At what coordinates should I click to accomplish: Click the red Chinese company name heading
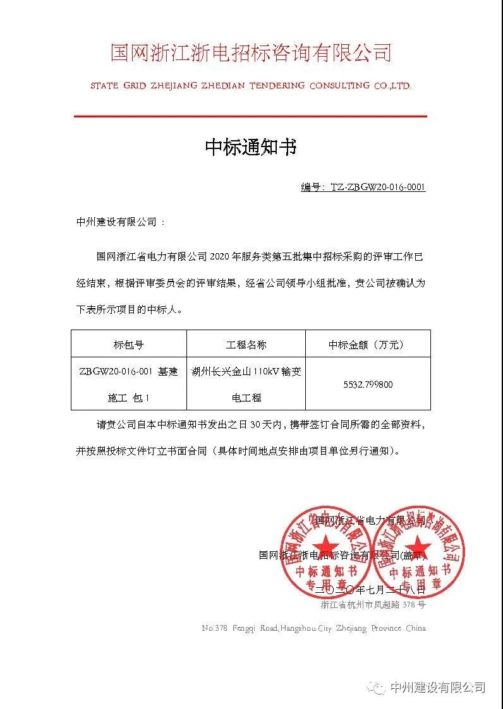tap(251, 52)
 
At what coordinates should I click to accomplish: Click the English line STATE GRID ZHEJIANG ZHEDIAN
tap(251, 85)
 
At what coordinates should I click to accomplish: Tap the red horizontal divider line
tap(251, 116)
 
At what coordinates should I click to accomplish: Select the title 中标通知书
tap(251, 148)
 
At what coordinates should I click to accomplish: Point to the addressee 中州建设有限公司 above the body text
tap(116, 222)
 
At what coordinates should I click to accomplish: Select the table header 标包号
tap(128, 345)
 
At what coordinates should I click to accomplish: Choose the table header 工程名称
tap(246, 345)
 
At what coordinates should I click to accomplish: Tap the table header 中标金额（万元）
tap(367, 345)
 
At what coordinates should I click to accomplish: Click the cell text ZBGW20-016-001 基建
tap(128, 372)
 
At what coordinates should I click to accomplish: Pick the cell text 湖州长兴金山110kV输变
tap(246, 372)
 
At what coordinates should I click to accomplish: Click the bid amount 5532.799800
tap(368, 384)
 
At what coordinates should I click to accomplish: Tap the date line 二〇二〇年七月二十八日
tap(375, 589)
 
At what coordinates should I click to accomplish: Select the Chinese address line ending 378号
tap(373, 605)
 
